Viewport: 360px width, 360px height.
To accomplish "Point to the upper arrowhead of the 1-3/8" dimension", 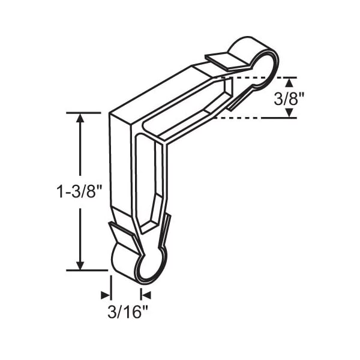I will click(x=80, y=118).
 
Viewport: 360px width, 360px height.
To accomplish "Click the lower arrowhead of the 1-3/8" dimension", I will click(x=80, y=265).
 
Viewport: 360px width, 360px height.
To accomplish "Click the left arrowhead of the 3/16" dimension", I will click(x=106, y=295).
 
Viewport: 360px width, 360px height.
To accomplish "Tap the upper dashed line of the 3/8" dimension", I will click(x=258, y=77).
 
